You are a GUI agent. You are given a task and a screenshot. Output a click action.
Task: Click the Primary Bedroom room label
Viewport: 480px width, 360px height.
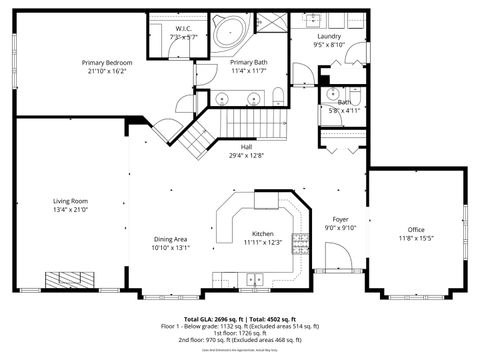click(107, 62)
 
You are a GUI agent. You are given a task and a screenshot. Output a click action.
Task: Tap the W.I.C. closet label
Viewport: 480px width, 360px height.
click(184, 28)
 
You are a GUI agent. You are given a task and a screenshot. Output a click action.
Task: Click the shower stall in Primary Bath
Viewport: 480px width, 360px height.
click(267, 22)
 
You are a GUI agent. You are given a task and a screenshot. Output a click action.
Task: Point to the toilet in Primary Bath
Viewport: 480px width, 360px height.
click(277, 96)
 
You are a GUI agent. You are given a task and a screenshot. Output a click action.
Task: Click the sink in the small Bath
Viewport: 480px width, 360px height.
click(332, 92)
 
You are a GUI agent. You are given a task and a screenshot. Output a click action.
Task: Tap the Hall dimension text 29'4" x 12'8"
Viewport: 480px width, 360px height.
click(246, 155)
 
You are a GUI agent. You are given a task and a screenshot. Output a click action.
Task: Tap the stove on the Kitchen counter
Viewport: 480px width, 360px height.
click(264, 200)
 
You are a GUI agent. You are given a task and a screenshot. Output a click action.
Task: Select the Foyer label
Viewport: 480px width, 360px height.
click(341, 218)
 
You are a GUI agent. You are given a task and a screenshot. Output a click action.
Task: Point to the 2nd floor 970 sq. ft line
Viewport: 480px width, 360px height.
click(240, 340)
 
